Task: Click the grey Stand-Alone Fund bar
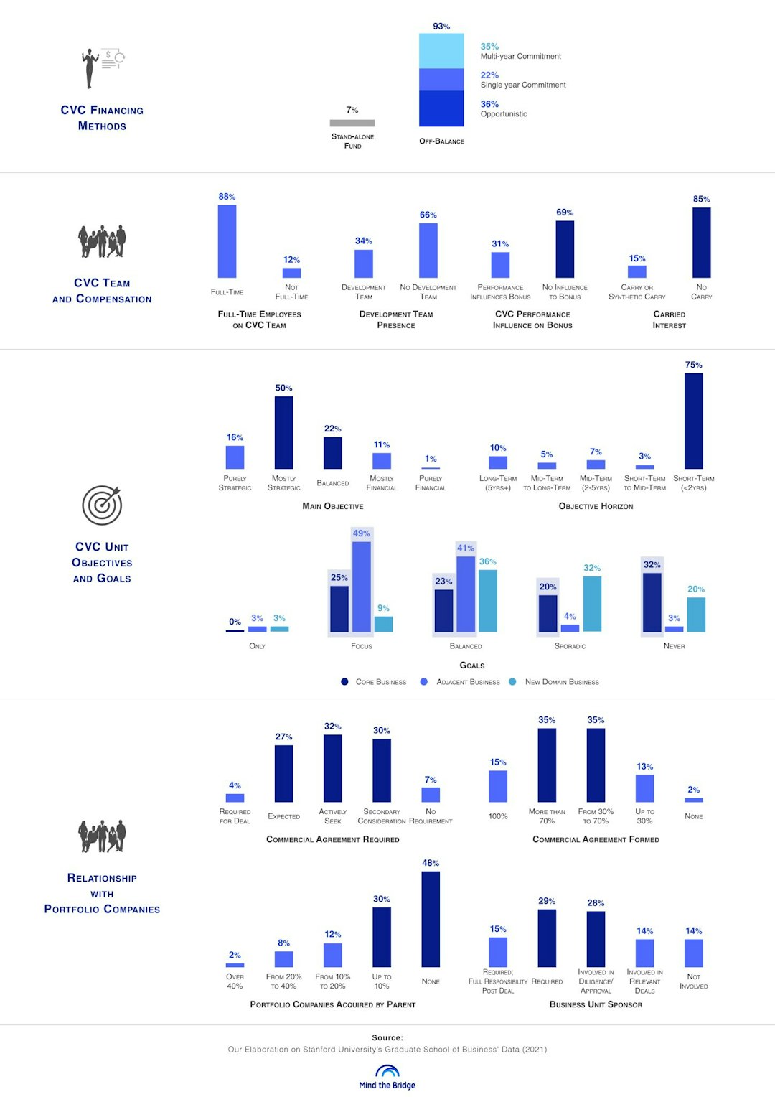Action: [352, 123]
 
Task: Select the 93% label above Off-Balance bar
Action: [441, 26]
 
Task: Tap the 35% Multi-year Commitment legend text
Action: [520, 51]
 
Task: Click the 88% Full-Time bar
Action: [227, 241]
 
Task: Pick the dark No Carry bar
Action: [701, 243]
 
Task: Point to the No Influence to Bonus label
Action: [565, 291]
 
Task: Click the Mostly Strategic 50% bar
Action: [283, 432]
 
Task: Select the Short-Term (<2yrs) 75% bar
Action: [693, 421]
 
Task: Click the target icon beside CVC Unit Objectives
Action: [102, 505]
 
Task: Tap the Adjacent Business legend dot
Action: [424, 681]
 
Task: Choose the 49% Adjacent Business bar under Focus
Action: [362, 587]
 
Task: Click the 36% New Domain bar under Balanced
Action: [487, 601]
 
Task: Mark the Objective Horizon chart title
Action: [596, 506]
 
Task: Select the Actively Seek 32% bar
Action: [332, 767]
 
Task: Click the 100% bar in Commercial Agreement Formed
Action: [498, 786]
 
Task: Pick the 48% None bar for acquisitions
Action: [431, 919]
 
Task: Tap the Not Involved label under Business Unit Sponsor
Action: [693, 981]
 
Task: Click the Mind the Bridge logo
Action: [387, 1077]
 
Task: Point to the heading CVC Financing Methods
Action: [102, 118]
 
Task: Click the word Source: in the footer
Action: [387, 1037]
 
